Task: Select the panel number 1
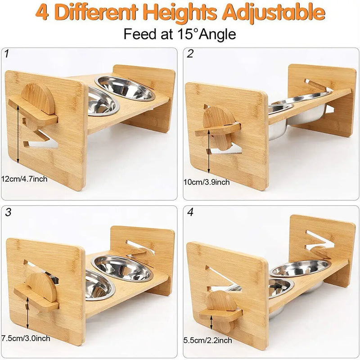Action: click(7, 54)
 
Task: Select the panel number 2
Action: click(190, 54)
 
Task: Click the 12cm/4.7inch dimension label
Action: click(24, 179)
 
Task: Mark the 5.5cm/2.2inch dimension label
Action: click(207, 340)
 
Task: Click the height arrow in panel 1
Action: click(18, 135)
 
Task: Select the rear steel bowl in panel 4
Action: click(300, 269)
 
